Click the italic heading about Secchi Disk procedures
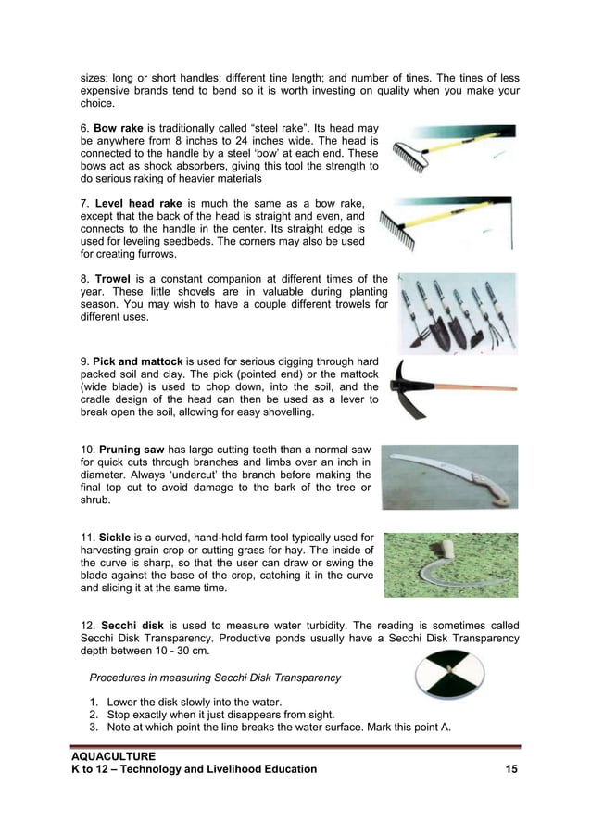pos(215,678)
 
